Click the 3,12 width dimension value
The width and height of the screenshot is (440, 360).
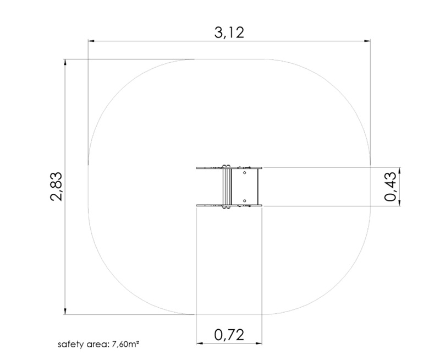(x=229, y=32)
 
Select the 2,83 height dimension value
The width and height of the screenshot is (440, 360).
(x=57, y=186)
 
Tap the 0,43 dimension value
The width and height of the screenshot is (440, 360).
(x=391, y=187)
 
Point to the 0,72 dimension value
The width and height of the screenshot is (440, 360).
(x=229, y=335)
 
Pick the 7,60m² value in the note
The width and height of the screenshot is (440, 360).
(x=126, y=343)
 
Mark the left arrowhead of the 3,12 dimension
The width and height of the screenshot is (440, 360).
(x=91, y=41)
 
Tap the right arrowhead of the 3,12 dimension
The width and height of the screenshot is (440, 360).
(x=367, y=41)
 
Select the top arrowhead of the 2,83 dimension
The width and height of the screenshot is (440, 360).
(x=65, y=62)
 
